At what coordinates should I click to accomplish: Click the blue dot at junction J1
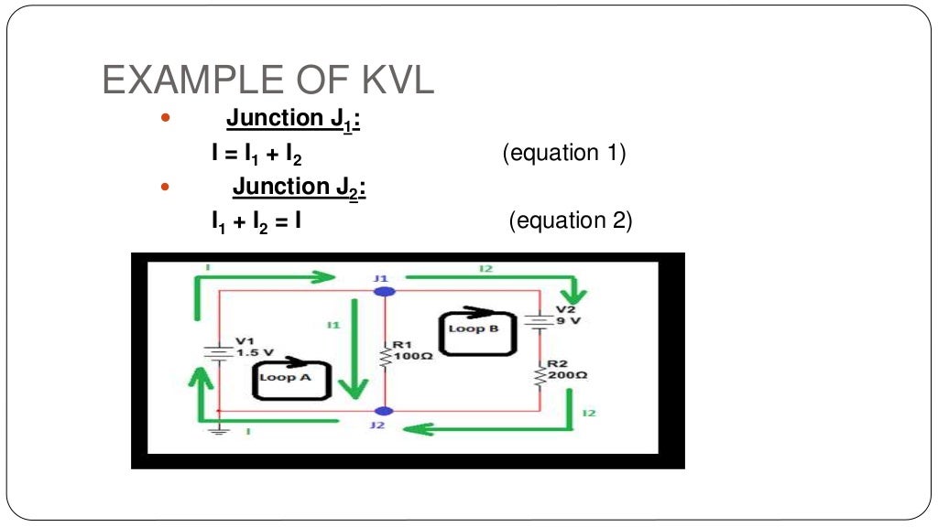[x=386, y=292]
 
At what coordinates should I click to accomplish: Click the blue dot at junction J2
[x=386, y=412]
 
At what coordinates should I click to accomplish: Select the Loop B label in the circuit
[x=474, y=328]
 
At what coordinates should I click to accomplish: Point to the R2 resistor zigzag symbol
[x=540, y=374]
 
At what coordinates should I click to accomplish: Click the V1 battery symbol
[x=218, y=351]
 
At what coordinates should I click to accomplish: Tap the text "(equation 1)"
[x=563, y=153]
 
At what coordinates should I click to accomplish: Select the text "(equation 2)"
[x=571, y=220]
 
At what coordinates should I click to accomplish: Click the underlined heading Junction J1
[x=292, y=120]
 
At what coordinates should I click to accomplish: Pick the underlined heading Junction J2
[x=299, y=188]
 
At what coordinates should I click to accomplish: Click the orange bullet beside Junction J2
[x=166, y=187]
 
